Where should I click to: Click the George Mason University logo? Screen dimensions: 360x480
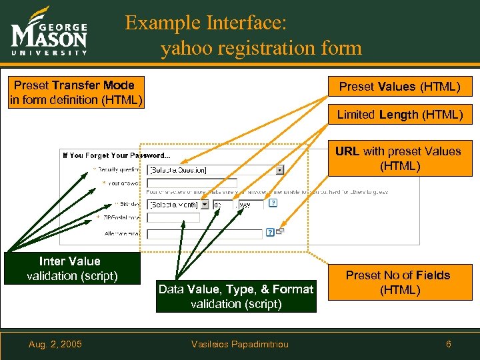pos(49,33)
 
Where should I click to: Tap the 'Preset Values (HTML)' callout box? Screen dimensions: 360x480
pos(399,87)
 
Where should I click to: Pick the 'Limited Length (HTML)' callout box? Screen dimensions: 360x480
pos(399,115)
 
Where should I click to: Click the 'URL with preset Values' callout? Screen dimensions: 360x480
pos(399,159)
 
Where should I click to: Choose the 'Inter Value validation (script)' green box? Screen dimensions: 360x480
pos(70,269)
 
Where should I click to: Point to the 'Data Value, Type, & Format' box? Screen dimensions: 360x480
pos(236,296)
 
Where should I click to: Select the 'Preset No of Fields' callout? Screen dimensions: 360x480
pos(398,283)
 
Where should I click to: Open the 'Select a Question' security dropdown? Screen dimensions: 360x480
pos(215,170)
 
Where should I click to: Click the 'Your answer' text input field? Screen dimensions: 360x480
pos(192,183)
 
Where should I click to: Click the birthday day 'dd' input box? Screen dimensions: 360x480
pos(221,205)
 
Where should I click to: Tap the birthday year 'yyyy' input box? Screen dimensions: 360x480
pos(251,205)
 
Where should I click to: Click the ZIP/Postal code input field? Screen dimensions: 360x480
pos(173,217)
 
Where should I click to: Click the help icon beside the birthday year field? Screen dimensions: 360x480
pos(269,205)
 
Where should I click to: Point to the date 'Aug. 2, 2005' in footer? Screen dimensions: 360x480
pos(55,344)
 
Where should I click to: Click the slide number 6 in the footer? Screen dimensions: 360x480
pos(449,344)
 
